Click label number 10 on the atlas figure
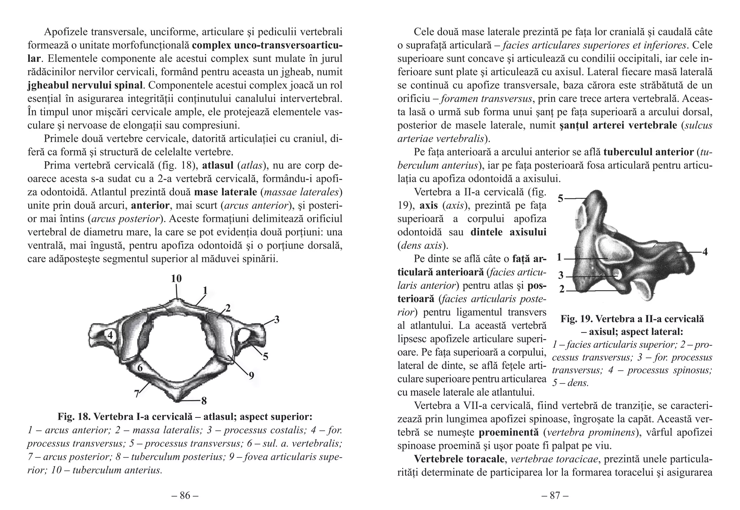[176, 278]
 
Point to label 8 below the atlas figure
[204, 400]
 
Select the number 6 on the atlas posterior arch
[140, 368]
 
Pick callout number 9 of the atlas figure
[251, 376]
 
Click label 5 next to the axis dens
[560, 198]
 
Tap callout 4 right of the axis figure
[705, 252]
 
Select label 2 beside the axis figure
[562, 289]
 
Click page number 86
[185, 496]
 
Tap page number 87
[555, 496]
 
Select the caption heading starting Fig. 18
[185, 417]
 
